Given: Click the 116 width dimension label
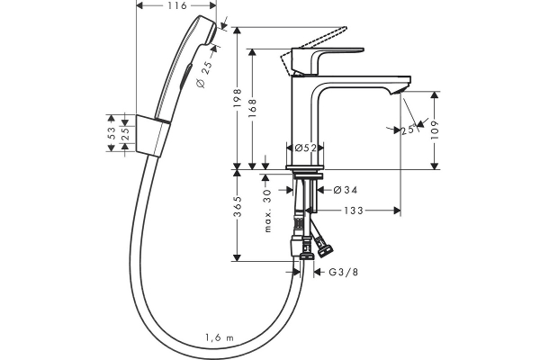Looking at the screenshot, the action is point(177,5).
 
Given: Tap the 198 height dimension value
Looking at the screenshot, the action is point(238,98).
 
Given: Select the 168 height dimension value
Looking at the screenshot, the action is point(252,108).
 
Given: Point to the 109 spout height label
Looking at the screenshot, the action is point(435,130).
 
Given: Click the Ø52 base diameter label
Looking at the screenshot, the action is point(305,148).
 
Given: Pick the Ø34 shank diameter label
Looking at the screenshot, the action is point(346,190).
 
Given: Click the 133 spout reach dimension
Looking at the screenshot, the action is point(354,211).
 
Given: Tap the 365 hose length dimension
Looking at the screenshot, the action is point(238,207).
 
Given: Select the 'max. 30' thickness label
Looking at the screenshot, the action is point(268,211).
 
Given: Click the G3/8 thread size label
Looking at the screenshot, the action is point(344,272).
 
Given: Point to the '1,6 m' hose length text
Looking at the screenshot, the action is point(220,337).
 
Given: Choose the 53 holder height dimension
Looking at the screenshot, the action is point(111,133).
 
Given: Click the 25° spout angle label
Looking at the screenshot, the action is point(409,130).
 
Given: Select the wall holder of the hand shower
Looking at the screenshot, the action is point(153,136).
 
